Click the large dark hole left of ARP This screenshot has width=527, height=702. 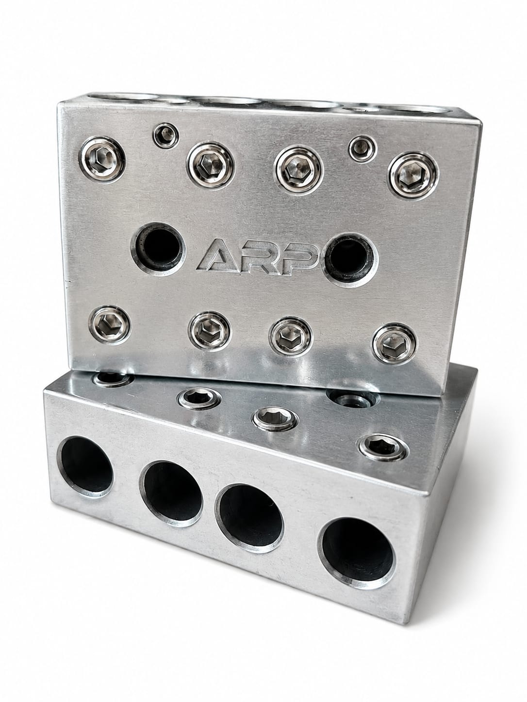158,249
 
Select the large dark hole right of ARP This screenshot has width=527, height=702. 351,259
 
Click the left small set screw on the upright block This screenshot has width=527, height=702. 166,136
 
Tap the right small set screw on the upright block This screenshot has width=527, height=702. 362,149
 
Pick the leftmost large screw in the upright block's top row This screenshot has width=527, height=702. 102,159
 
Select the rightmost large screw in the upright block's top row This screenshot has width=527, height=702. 413,175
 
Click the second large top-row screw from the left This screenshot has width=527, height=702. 211,165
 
